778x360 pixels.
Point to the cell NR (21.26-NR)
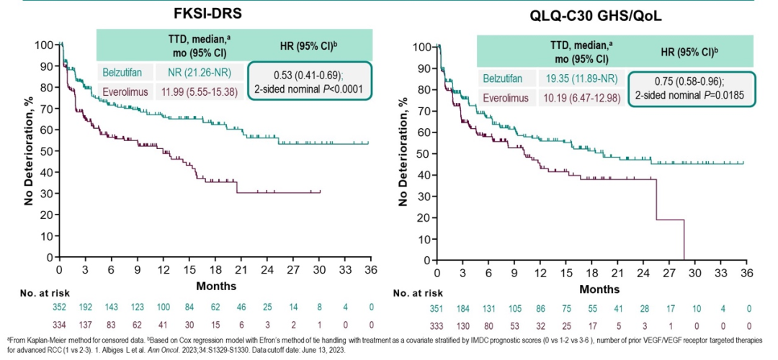point(210,73)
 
